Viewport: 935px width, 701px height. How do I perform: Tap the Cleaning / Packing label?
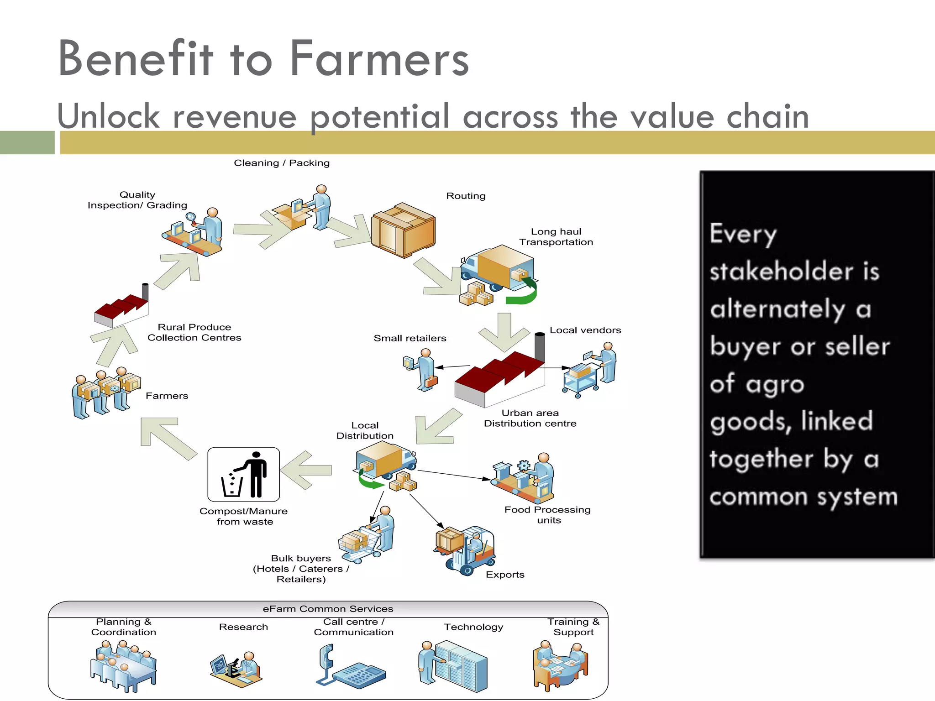pos(281,163)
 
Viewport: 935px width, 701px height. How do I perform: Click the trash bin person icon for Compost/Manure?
pos(243,475)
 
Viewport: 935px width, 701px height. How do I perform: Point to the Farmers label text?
pos(167,396)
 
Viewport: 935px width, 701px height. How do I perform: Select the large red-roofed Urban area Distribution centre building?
pos(499,379)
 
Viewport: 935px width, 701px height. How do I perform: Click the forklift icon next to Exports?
pos(466,550)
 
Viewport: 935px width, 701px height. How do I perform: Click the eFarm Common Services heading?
pos(328,609)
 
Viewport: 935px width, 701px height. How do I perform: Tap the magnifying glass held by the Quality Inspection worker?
pos(191,217)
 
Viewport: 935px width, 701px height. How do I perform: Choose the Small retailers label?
pos(410,338)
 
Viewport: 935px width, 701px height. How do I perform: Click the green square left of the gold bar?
pos(27,142)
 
